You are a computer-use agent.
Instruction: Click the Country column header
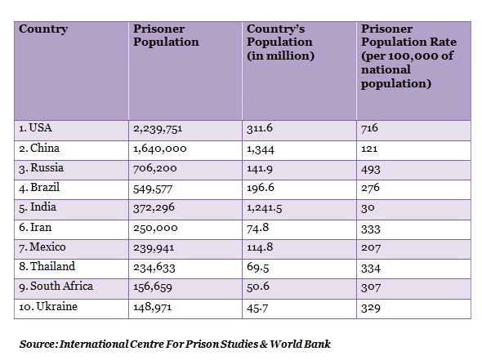[43, 29]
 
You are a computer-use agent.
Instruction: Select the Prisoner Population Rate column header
[408, 56]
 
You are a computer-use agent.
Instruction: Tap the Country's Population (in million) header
[280, 42]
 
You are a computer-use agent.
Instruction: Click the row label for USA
[35, 128]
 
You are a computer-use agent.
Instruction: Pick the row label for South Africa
[56, 287]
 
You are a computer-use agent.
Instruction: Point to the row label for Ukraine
[48, 306]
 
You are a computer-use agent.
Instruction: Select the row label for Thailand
[47, 266]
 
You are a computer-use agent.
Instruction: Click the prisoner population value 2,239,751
[158, 128]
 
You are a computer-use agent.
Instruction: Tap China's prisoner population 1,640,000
[160, 149]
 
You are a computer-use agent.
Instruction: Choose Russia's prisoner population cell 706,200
[155, 168]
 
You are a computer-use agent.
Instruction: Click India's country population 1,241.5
[265, 208]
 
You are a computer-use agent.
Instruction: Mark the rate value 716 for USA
[369, 128]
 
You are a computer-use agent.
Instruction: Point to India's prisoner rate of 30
[368, 208]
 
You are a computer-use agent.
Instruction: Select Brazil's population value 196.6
[261, 188]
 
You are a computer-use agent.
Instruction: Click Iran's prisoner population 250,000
[155, 228]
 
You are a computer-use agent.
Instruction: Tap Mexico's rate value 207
[371, 247]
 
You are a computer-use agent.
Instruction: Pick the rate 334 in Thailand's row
[371, 269]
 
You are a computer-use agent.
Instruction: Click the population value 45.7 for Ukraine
[257, 308]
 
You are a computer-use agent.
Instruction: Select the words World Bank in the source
[301, 344]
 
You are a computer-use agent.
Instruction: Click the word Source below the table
[38, 344]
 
